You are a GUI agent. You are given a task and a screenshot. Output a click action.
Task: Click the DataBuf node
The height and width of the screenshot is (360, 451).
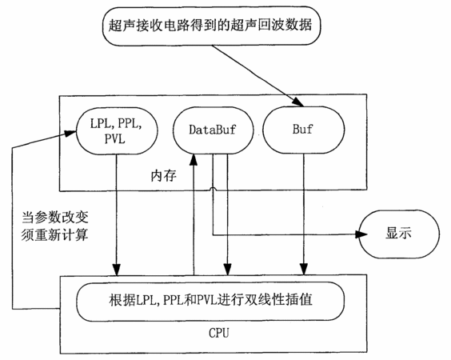coord(213,130)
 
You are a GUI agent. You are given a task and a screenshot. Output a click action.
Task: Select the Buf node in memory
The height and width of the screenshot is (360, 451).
coord(303,130)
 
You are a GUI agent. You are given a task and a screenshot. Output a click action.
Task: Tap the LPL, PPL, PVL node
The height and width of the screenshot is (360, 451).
coord(117,131)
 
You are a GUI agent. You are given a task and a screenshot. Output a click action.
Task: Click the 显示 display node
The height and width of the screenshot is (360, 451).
coord(399,234)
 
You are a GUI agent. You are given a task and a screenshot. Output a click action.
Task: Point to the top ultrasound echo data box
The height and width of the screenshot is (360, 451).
coord(211,26)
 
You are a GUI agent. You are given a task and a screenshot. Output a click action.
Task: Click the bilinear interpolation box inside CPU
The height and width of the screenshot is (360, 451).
coord(210,302)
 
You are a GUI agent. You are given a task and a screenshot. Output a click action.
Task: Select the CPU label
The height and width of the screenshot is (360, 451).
coord(218,334)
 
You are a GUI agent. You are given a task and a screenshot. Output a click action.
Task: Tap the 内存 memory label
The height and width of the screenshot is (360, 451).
coord(163,175)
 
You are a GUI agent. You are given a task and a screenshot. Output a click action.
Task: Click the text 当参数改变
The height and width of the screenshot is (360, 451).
coord(55,218)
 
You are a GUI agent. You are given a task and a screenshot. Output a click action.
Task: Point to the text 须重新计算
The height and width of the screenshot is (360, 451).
coord(54,235)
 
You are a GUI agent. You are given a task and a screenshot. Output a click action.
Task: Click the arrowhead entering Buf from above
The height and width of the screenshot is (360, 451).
coord(298,102)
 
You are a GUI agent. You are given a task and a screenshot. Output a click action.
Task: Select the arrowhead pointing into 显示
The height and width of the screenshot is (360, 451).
coord(361,234)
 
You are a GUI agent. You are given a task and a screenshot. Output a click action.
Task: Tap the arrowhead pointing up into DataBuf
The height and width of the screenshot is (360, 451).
coord(194,159)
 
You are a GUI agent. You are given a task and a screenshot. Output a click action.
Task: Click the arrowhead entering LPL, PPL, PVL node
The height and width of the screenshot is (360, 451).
coord(70,134)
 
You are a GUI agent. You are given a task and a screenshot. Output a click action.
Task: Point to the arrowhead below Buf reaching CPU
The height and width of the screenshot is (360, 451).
coord(304,270)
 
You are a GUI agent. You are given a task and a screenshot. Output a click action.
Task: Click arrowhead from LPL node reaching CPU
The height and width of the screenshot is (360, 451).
coord(117,270)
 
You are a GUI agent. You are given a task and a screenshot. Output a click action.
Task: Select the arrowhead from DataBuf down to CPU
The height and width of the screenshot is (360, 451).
coord(228,270)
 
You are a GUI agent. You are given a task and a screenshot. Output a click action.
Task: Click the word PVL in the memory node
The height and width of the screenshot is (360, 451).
coord(115,139)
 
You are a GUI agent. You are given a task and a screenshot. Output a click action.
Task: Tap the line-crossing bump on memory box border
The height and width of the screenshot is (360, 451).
coord(213,189)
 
